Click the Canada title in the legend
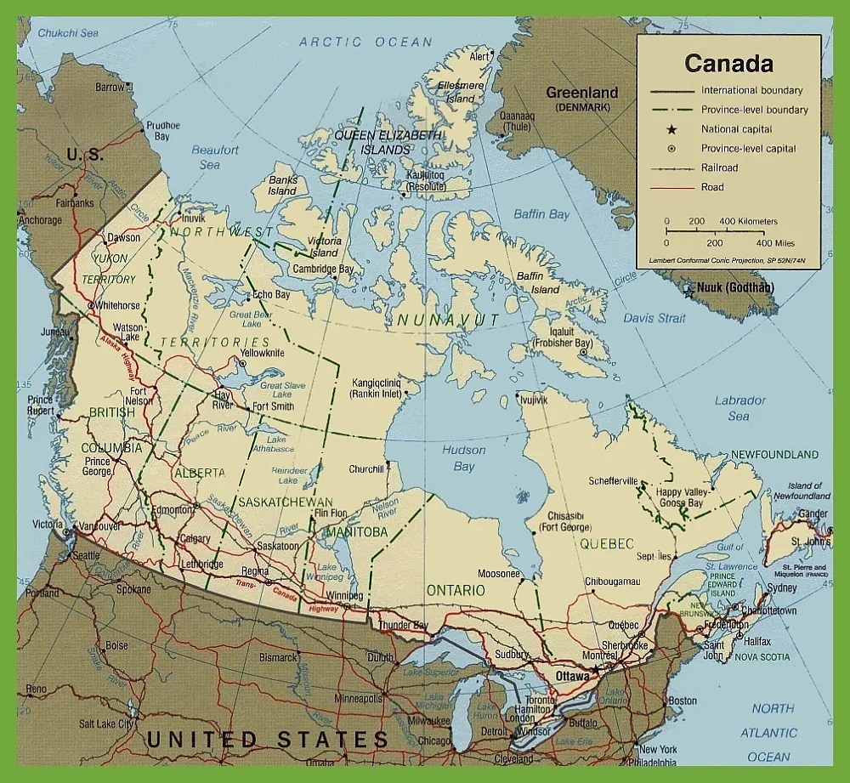(x=728, y=64)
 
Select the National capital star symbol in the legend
(x=671, y=129)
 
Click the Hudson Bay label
(x=464, y=458)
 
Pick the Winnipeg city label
(x=344, y=594)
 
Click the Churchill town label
(x=366, y=468)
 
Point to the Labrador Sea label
(x=739, y=408)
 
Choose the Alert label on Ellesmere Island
(x=479, y=57)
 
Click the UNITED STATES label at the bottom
(x=267, y=739)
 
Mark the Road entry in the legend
(x=712, y=187)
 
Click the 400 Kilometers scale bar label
(x=749, y=221)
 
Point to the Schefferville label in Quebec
(x=607, y=480)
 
